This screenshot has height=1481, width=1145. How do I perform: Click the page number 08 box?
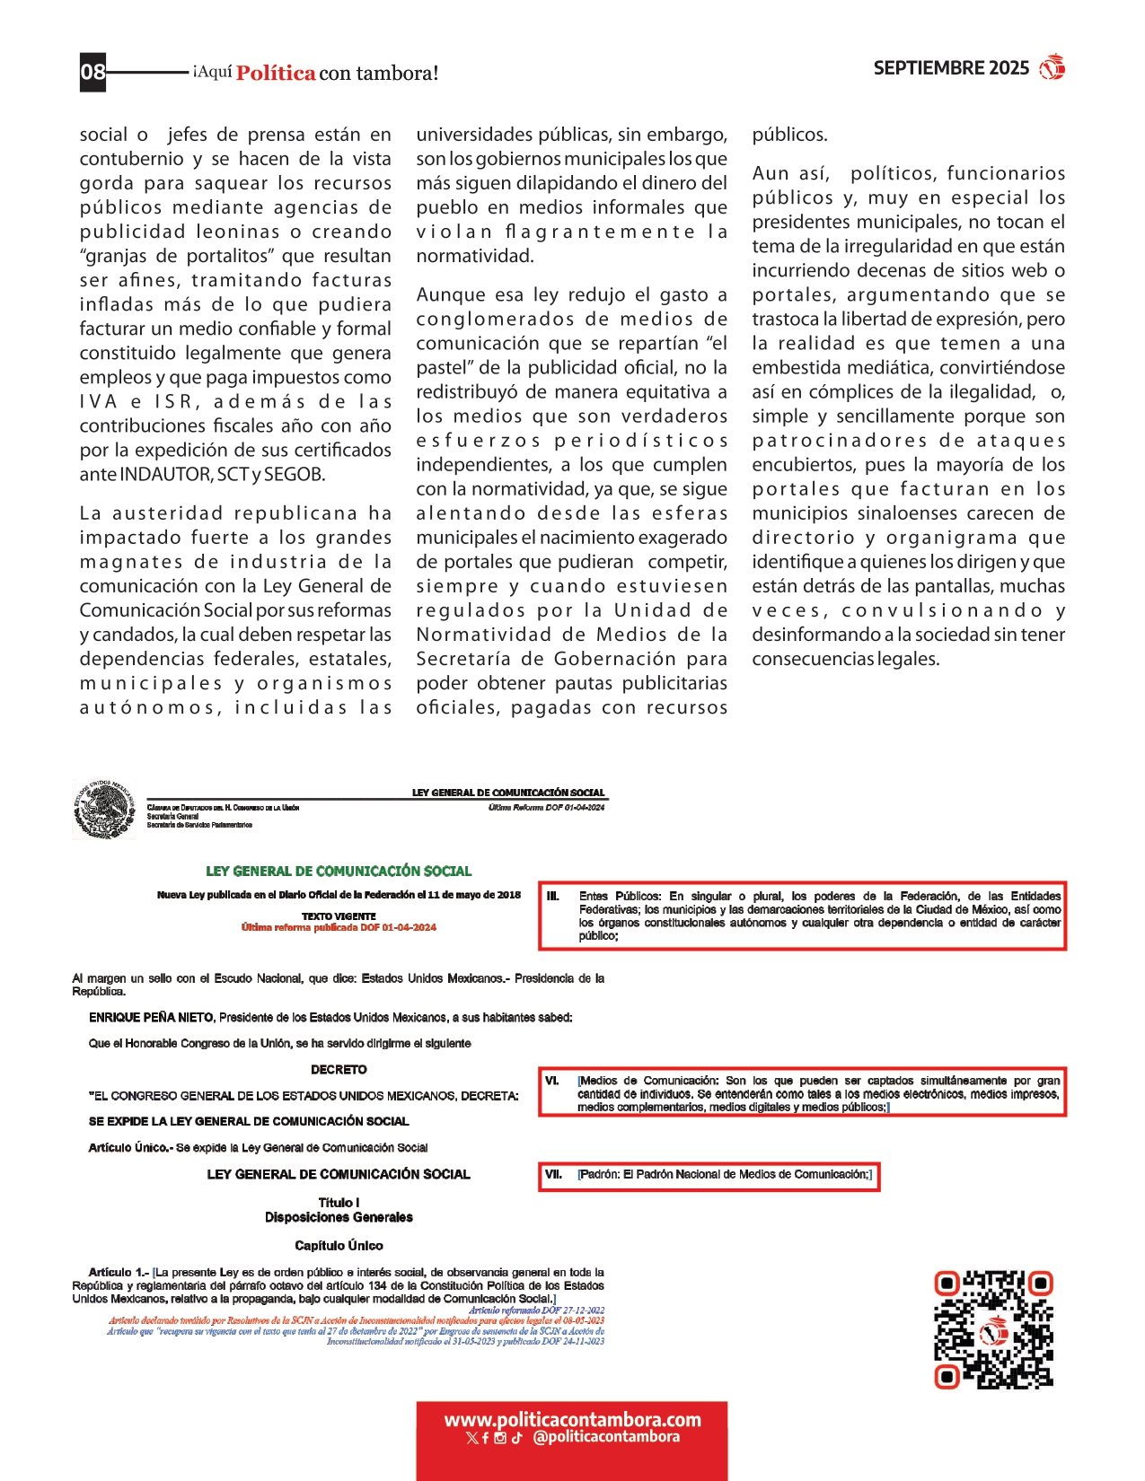click(93, 72)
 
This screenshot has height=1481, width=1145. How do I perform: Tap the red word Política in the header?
click(276, 74)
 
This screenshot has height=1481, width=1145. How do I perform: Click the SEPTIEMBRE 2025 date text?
click(951, 68)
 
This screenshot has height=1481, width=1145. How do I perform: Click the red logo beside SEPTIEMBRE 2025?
click(1052, 67)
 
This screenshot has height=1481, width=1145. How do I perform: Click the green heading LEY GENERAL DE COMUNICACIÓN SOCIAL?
click(339, 871)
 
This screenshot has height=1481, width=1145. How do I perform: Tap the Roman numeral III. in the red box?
click(553, 896)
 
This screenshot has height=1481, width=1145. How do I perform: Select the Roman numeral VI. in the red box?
click(552, 1081)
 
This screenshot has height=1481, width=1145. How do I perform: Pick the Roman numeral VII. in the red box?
click(554, 1174)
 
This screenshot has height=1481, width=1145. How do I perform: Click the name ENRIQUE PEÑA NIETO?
click(151, 1017)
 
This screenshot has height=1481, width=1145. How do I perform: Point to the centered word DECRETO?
click(339, 1069)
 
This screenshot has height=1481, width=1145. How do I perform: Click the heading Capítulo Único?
click(339, 1245)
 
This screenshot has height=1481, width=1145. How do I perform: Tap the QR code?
click(993, 1329)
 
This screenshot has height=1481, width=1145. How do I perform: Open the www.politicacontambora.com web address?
click(572, 1420)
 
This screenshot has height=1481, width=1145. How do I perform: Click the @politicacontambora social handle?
click(606, 1437)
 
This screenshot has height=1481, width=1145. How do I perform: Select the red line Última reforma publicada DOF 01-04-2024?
click(339, 927)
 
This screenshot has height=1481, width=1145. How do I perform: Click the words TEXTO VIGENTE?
click(339, 916)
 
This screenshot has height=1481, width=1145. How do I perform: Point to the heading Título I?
click(339, 1203)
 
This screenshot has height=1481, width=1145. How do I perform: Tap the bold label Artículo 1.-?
click(118, 1272)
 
